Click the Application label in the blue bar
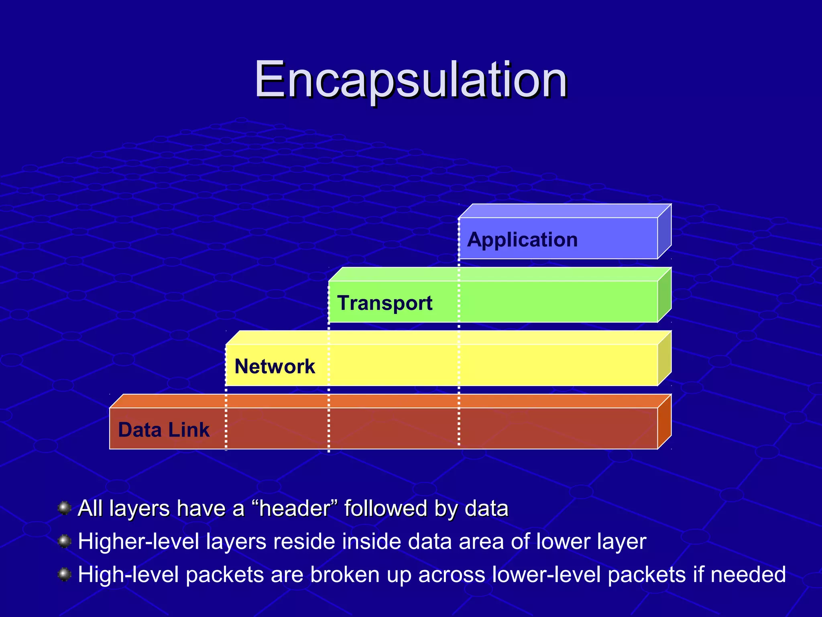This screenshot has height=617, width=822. (522, 240)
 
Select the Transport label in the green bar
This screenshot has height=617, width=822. (385, 303)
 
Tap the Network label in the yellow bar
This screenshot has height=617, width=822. (275, 366)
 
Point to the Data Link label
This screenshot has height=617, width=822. (164, 430)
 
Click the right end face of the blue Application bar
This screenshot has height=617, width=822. (664, 232)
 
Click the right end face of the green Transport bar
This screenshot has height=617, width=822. (664, 295)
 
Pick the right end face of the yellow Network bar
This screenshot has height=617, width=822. (664, 359)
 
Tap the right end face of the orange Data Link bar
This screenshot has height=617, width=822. (664, 422)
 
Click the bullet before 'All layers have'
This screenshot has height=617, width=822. (64, 508)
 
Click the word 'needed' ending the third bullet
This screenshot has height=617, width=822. (748, 574)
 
